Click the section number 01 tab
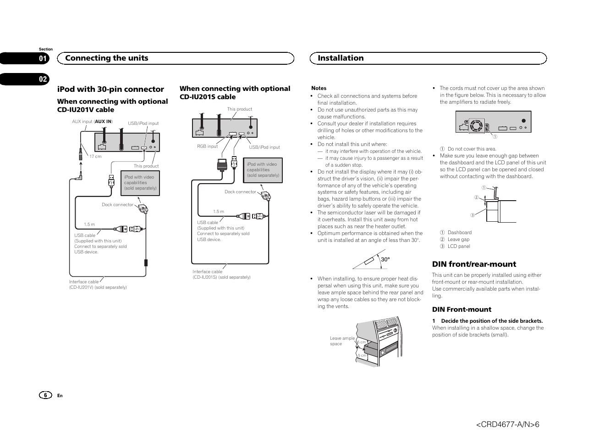(x=43, y=58)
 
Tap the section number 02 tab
(x=43, y=79)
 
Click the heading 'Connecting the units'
(x=107, y=58)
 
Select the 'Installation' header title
(x=341, y=58)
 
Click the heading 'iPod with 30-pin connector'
(x=110, y=89)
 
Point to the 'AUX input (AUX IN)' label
(x=92, y=122)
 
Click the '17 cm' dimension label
(x=95, y=157)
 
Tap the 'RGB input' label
(x=207, y=146)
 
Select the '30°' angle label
(x=385, y=259)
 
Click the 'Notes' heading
(x=319, y=88)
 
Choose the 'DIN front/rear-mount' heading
(x=474, y=264)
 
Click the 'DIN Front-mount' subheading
(x=462, y=309)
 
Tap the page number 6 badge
(x=45, y=395)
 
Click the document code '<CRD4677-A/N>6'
(x=507, y=424)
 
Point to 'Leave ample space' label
(x=342, y=341)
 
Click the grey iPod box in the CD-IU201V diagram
(x=140, y=183)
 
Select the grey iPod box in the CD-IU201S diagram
(x=263, y=170)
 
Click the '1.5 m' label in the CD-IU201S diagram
(x=219, y=212)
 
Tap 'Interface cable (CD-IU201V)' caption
(x=98, y=285)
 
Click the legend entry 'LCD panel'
(x=459, y=246)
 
